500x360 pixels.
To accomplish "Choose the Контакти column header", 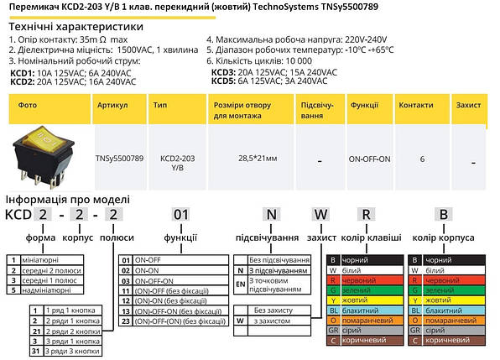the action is coord(415,107).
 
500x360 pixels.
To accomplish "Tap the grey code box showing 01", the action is coord(181,213).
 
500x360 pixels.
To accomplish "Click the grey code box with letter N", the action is coord(270,213).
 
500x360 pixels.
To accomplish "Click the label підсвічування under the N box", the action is coord(266,237).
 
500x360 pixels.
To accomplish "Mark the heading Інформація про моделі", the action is coord(67,200).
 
